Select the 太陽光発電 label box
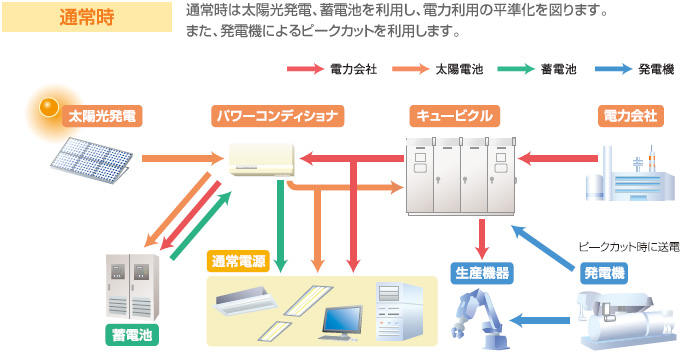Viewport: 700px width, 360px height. (100, 116)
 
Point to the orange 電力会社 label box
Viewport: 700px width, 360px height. (631, 116)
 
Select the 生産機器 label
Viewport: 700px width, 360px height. (483, 271)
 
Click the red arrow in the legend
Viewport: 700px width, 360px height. (305, 70)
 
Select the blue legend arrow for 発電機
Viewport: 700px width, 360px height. (611, 70)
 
